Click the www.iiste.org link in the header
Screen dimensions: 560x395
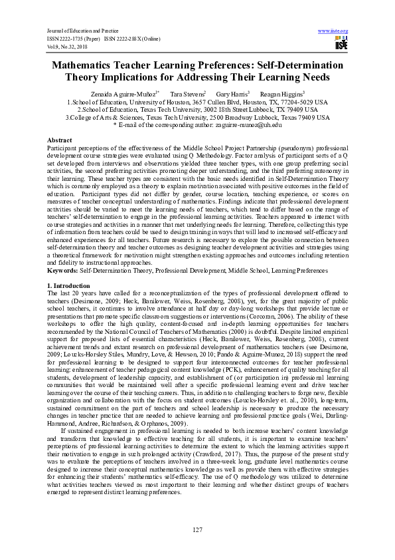point(333,31)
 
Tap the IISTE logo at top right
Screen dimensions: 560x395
point(341,43)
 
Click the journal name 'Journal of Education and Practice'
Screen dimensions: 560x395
point(72,31)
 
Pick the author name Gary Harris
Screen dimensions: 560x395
point(230,94)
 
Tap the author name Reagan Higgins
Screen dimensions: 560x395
point(281,94)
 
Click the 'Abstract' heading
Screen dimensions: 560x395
point(59,140)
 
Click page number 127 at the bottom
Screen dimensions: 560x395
point(197,529)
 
